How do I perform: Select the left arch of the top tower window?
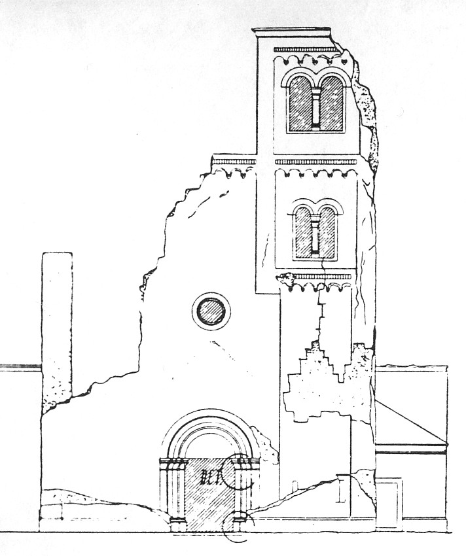point(300,103)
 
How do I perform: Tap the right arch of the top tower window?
point(332,103)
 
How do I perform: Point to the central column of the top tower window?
point(316,108)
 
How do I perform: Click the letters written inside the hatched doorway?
point(211,476)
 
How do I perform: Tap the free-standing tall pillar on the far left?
point(57,327)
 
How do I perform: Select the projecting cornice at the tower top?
point(293,32)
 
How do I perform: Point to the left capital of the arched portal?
point(173,466)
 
